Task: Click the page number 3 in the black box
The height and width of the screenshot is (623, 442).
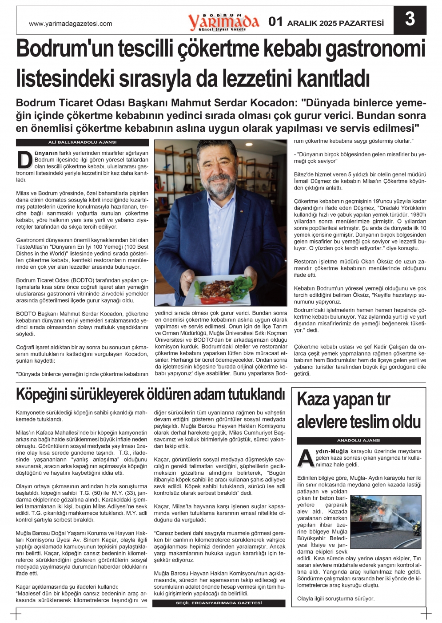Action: point(410,20)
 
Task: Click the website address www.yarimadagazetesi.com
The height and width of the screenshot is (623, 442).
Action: point(70,24)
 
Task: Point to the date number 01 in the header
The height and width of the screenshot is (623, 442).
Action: point(275,22)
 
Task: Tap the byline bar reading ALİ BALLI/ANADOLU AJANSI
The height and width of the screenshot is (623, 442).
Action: point(82,142)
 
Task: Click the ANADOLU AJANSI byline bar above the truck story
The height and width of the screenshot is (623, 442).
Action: point(358,441)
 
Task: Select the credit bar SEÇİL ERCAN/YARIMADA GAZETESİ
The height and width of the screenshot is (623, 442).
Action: point(219,603)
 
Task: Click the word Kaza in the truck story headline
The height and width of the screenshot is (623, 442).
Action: point(314,399)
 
